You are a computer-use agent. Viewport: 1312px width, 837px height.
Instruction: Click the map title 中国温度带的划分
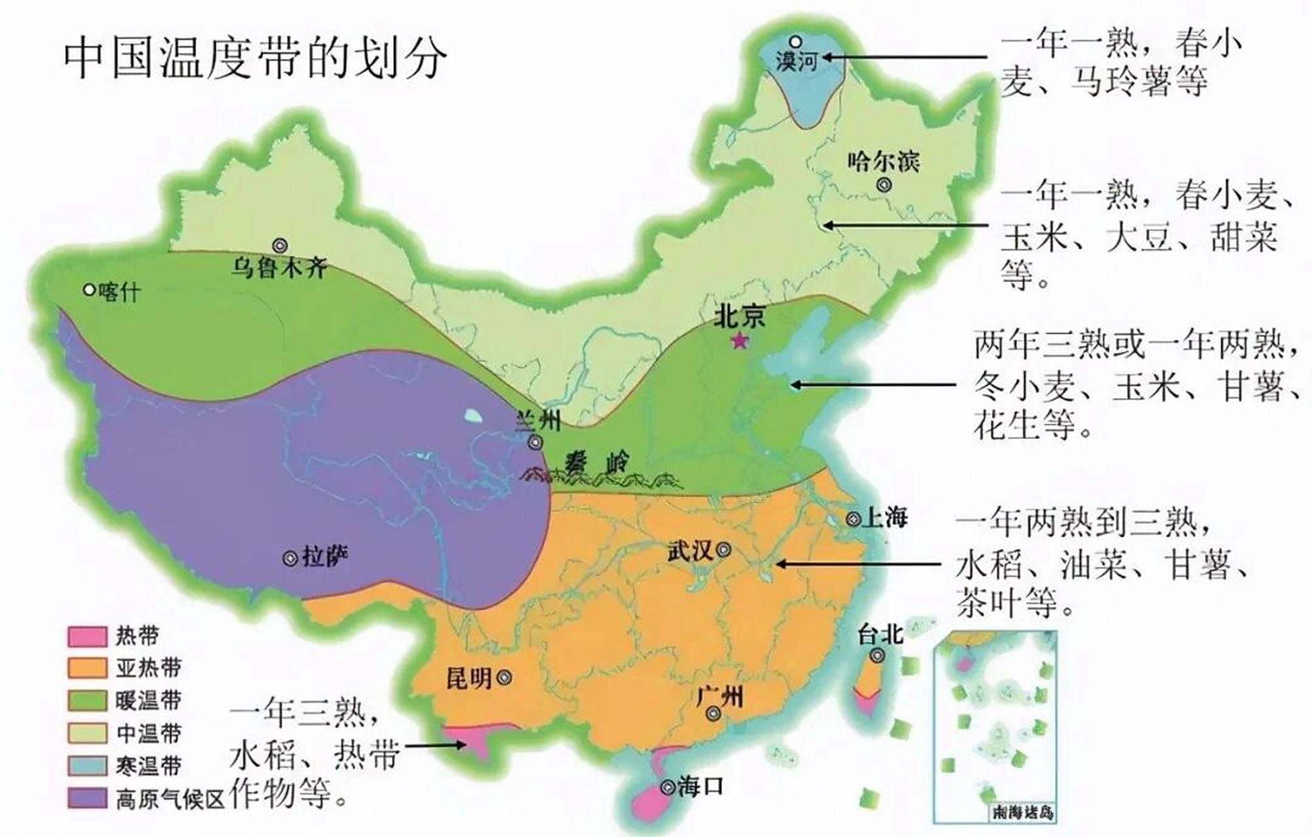[x=255, y=57]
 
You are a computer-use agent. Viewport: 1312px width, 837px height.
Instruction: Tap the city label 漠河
[x=797, y=61]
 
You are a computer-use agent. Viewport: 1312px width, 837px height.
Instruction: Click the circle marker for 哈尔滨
[x=884, y=185]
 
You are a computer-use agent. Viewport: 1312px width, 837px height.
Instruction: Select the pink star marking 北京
[x=740, y=341]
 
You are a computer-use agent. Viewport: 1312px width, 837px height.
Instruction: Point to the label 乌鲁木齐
[x=280, y=267]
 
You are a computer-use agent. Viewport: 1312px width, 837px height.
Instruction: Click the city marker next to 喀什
[x=90, y=289]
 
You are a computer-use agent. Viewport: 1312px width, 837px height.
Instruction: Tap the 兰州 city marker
[x=536, y=443]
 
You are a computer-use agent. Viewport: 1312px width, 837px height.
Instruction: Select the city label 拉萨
[x=325, y=557]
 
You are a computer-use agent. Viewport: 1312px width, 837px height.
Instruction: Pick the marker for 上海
[x=853, y=519]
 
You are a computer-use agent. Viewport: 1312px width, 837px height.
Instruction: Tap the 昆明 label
[x=469, y=678]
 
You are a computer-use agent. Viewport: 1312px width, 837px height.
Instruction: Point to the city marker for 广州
[x=714, y=714]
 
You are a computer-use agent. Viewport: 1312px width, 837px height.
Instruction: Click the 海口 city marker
[x=667, y=788]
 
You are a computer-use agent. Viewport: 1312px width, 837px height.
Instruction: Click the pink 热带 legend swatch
[x=87, y=636]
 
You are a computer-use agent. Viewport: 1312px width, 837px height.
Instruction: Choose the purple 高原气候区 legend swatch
[x=87, y=798]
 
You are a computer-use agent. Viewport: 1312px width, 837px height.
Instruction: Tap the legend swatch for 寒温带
[x=87, y=766]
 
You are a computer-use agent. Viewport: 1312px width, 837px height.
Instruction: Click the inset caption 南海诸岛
[x=1023, y=813]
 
